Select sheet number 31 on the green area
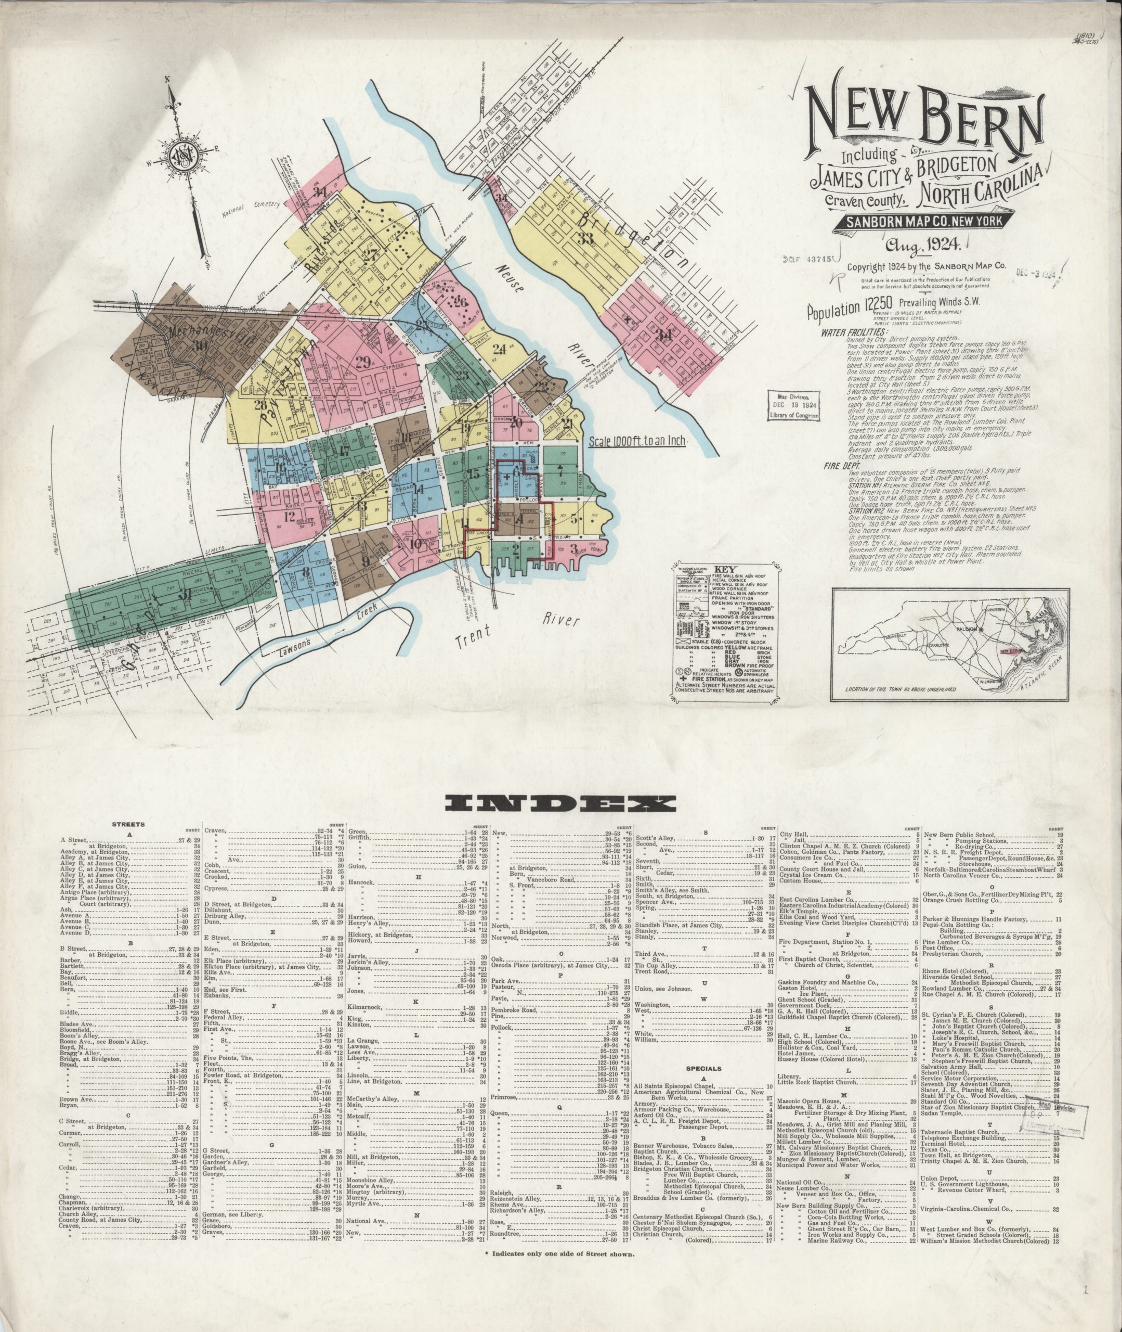[185, 596]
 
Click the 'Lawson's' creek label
[294, 649]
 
